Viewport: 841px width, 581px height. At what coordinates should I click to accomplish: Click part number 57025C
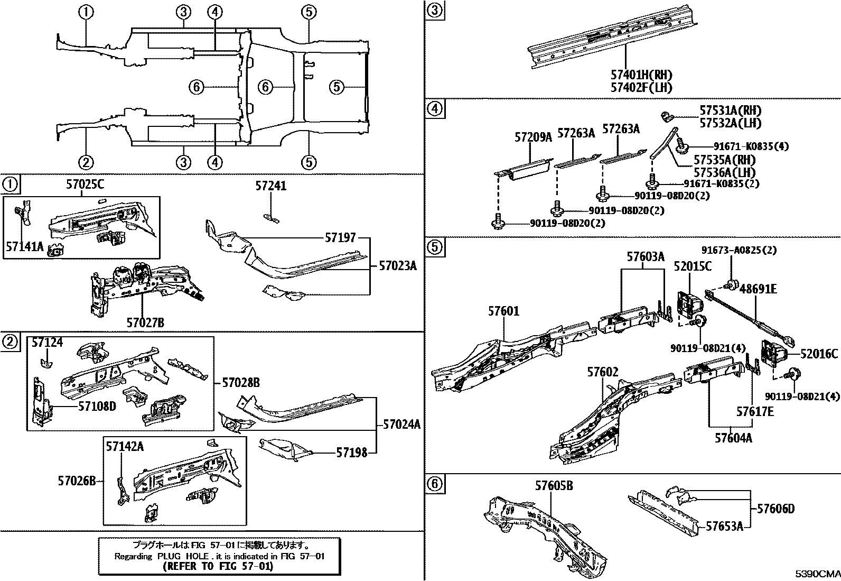click(x=85, y=185)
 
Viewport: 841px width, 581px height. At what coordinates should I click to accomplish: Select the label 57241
click(x=271, y=186)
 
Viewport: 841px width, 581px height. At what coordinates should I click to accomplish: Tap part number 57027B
click(x=145, y=322)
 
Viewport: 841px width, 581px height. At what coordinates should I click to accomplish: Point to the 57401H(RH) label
click(x=641, y=75)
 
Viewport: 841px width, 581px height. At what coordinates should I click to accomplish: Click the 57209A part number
click(x=533, y=137)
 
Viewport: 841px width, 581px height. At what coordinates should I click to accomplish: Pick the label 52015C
click(x=693, y=266)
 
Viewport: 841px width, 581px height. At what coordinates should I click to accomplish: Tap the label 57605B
click(x=554, y=485)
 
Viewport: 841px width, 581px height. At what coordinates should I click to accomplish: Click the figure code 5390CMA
click(x=818, y=574)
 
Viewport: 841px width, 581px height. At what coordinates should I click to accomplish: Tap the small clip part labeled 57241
click(x=272, y=217)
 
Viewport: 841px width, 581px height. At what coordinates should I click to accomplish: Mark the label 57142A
click(x=125, y=447)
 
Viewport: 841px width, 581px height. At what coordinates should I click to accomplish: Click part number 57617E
click(x=755, y=411)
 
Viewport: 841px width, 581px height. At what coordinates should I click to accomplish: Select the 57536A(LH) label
click(x=724, y=172)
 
